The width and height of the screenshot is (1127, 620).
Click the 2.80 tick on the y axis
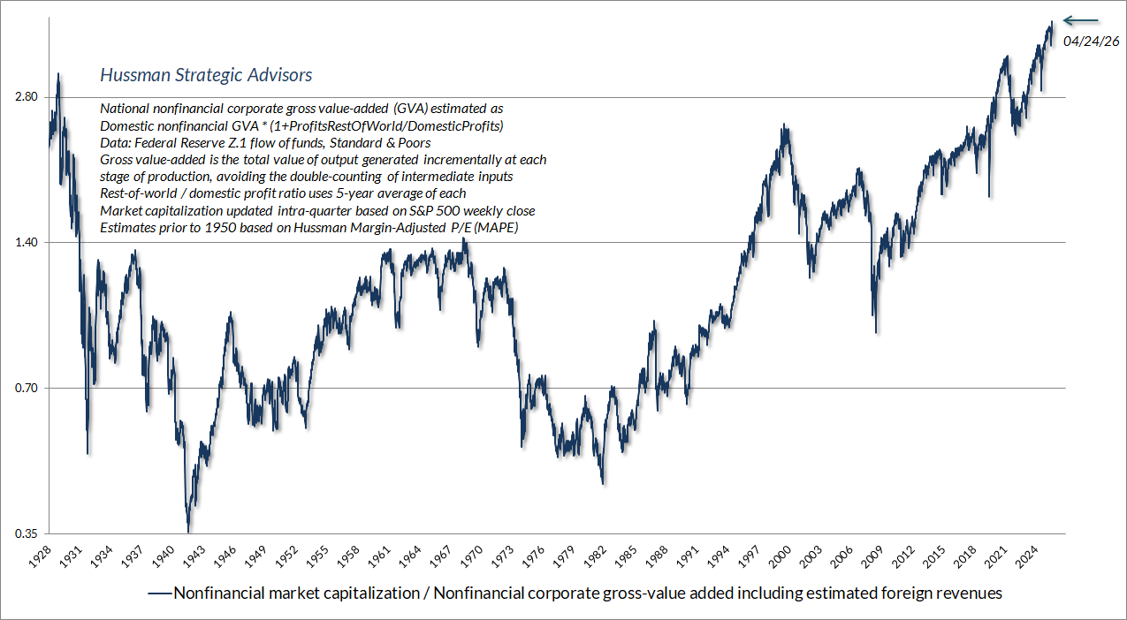(x=27, y=97)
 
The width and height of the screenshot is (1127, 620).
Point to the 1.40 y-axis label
(x=27, y=242)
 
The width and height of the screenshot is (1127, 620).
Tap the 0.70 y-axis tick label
(x=27, y=388)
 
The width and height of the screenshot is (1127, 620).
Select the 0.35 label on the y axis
(x=27, y=533)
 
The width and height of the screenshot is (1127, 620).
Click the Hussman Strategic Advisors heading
(x=206, y=75)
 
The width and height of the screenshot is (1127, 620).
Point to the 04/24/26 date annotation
(x=1092, y=42)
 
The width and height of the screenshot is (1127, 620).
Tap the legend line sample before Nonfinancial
(x=160, y=594)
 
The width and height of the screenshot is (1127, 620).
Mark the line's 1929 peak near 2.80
(x=58, y=74)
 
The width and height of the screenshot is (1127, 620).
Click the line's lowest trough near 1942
(x=188, y=531)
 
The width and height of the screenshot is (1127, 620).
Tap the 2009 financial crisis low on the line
(x=876, y=332)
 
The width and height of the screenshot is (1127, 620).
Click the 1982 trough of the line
(x=603, y=482)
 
